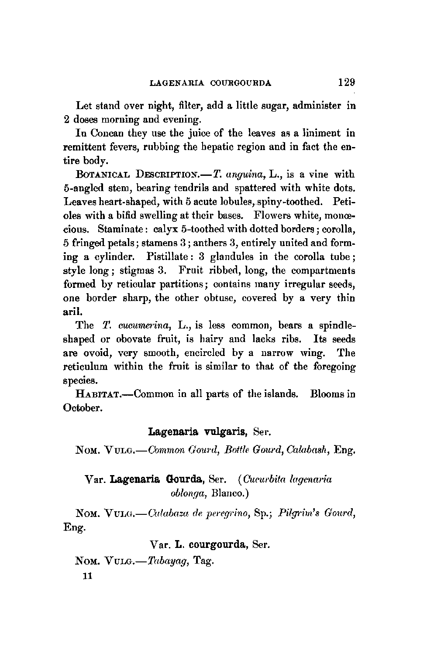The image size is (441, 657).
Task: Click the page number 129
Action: (346, 82)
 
